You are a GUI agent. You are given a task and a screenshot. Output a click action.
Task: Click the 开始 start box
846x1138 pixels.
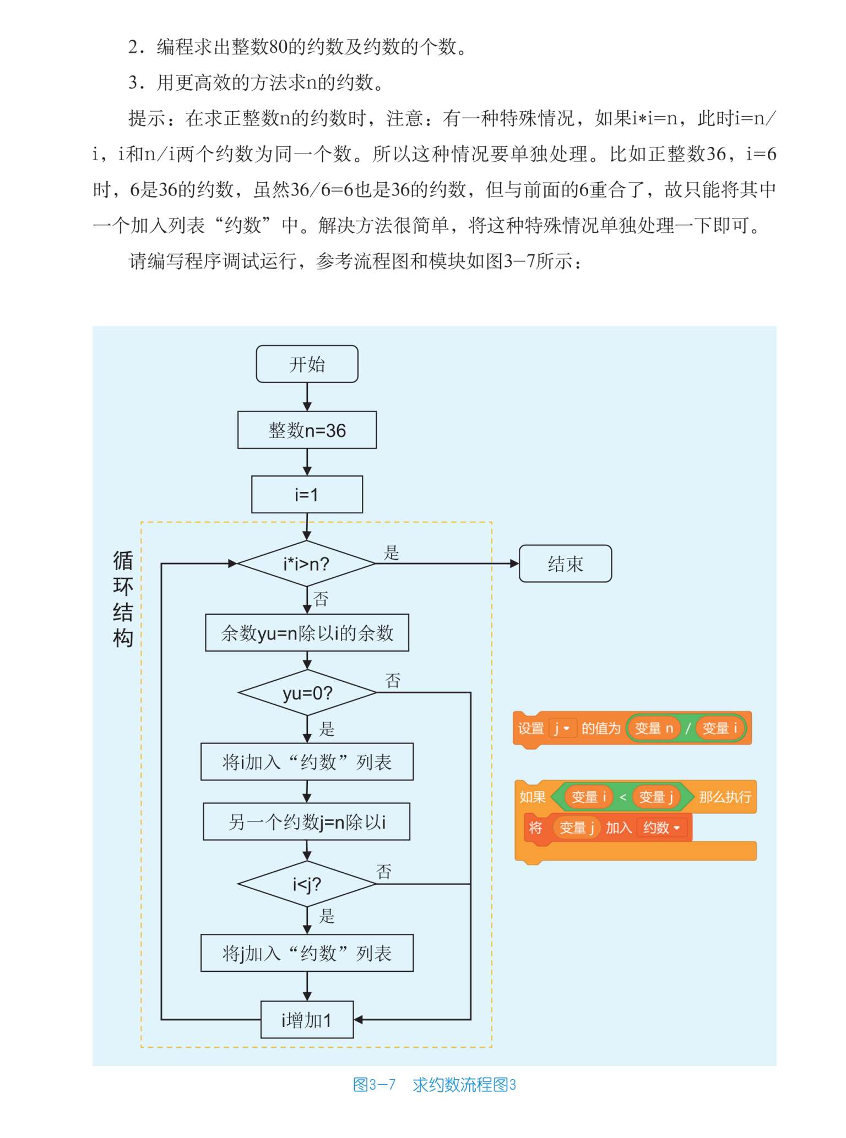tap(307, 364)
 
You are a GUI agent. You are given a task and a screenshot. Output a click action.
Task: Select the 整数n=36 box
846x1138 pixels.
tap(307, 430)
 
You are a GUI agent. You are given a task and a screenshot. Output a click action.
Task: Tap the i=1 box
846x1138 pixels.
tap(307, 494)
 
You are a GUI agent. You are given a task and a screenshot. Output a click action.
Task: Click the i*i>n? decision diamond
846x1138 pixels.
tap(306, 563)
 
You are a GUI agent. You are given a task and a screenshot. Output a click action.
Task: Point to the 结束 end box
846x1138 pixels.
tap(565, 563)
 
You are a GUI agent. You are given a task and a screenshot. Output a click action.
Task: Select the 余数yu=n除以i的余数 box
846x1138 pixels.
tap(307, 633)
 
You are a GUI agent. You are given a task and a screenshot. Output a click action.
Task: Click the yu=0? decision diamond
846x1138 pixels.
tap(307, 693)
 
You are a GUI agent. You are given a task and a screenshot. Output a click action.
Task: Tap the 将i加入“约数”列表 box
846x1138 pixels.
tap(307, 762)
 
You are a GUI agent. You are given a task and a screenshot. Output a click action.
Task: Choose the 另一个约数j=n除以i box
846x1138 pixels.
tap(307, 822)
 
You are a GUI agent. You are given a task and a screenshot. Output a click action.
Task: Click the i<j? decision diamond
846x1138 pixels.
tap(307, 884)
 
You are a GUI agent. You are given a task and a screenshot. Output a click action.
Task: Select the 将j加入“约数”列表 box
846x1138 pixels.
tap(307, 953)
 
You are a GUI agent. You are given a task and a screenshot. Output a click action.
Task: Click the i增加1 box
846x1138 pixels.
tap(307, 1020)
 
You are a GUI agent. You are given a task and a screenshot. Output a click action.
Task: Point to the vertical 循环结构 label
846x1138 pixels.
tap(123, 599)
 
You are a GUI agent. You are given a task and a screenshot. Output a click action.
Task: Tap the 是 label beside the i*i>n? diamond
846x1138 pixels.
tap(391, 552)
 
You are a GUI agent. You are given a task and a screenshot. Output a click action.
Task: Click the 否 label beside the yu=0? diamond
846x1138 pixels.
tap(393, 681)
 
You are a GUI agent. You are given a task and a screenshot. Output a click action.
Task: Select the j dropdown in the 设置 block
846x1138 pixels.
tap(562, 728)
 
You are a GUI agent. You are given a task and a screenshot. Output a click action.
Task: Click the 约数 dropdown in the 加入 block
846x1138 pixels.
tap(661, 828)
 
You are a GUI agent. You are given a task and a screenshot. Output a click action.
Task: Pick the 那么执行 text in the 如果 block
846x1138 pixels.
tap(725, 797)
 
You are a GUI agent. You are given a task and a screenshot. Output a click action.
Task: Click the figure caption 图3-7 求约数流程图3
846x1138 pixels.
tap(434, 1085)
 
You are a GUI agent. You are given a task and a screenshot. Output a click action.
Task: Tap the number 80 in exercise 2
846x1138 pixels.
tap(278, 47)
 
